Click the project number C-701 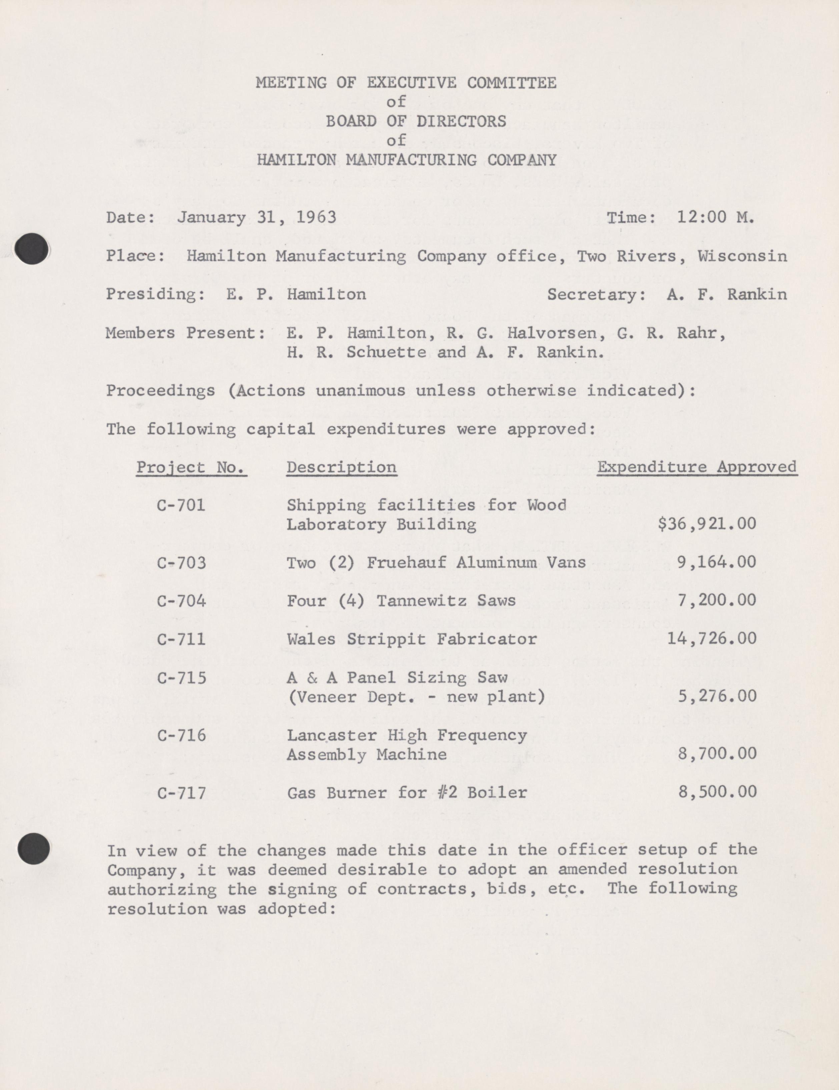click(x=181, y=505)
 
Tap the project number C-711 click(x=181, y=639)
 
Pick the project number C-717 click(x=181, y=793)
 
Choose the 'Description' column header click(x=341, y=467)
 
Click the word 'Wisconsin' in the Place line click(x=742, y=256)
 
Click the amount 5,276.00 click(x=717, y=696)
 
